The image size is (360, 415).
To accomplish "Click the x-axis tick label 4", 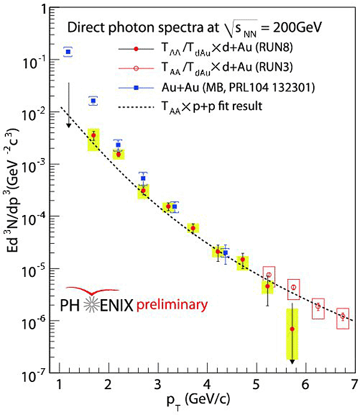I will click(206, 385).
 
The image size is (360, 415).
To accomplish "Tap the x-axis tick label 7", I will click(354, 385).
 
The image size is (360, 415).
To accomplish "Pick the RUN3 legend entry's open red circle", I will click(136, 68).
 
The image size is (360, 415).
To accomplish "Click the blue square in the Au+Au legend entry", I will click(136, 88).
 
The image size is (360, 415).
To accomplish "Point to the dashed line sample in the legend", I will click(136, 106).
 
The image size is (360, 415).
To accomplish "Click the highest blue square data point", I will click(68, 52).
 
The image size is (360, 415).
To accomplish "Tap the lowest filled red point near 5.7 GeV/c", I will click(292, 329).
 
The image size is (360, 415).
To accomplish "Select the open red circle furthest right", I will click(343, 317).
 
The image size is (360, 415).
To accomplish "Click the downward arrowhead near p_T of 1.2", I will click(68, 124).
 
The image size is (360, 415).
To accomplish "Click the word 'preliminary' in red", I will click(172, 305).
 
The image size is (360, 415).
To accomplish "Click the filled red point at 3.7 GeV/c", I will click(193, 228).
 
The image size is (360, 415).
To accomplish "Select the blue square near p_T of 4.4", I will click(225, 253).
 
